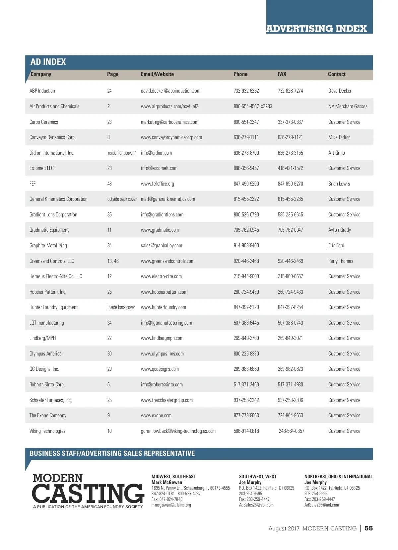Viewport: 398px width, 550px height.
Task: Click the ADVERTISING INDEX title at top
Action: pos(316,29)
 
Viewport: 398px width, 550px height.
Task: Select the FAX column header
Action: pos(282,74)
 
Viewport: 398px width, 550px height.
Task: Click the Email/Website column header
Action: pos(157,74)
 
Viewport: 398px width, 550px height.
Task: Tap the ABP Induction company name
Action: pos(42,91)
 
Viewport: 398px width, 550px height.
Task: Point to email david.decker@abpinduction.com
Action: pos(170,91)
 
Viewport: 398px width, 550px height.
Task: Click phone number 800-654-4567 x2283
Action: pos(253,106)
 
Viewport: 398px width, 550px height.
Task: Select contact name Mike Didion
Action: pos(339,137)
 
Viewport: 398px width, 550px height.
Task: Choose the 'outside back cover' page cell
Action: pos(122,199)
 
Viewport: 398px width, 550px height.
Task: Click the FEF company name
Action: pos(33,184)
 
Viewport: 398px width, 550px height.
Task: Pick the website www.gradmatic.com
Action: pos(160,230)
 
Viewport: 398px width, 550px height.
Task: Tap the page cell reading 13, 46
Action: pos(113,261)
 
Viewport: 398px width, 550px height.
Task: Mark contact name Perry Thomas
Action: pos(341,261)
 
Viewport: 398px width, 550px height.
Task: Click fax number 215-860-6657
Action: pos(290,276)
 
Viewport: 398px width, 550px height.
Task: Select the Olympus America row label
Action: pos(45,354)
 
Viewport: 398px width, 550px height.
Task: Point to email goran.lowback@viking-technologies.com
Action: pos(178,431)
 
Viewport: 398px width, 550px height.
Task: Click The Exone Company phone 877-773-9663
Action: pos(246,415)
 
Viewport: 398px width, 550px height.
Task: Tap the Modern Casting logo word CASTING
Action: pos(88,493)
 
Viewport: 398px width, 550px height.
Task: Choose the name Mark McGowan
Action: pos(166,482)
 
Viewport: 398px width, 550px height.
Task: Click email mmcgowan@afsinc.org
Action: pos(171,505)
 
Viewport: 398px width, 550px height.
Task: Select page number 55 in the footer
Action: pos(368,528)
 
